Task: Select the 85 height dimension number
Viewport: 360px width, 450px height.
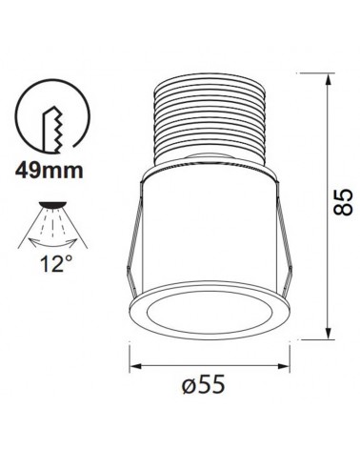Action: point(344,202)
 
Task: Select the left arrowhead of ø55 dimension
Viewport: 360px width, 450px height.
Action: point(134,366)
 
